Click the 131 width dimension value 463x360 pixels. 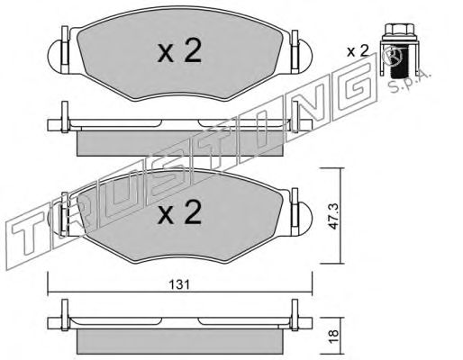tap(179, 284)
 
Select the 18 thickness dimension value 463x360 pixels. tap(333, 333)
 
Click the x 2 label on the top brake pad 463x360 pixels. tap(179, 50)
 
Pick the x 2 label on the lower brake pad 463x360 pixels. tap(179, 212)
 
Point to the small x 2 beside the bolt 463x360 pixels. tap(358, 51)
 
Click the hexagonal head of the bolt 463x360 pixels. tap(396, 30)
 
